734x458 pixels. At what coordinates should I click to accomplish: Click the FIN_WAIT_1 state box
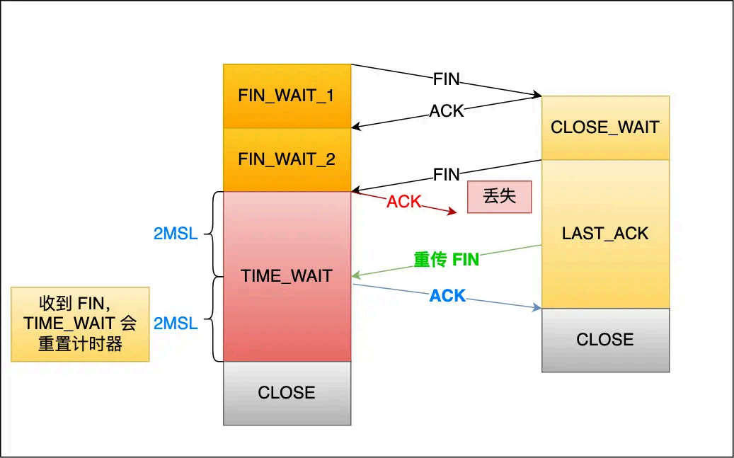[x=287, y=96]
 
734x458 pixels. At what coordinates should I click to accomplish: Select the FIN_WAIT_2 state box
[x=287, y=159]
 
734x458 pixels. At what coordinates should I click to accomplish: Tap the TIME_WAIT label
[x=287, y=276]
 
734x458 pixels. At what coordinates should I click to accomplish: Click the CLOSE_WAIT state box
[x=605, y=127]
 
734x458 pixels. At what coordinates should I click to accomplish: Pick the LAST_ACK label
[x=605, y=234]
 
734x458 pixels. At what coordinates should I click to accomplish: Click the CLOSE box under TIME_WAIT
[x=287, y=393]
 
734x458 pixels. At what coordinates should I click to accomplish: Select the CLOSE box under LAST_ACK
[x=605, y=340]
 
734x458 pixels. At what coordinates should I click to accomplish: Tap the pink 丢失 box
[x=499, y=197]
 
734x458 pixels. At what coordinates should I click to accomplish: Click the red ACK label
[x=403, y=202]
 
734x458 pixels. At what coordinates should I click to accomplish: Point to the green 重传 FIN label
[x=447, y=260]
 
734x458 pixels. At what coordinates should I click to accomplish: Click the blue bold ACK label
[x=447, y=296]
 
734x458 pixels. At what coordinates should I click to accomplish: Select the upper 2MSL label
[x=176, y=234]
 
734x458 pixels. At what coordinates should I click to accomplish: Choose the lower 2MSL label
[x=176, y=324]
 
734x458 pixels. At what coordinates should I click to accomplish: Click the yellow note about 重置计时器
[x=80, y=324]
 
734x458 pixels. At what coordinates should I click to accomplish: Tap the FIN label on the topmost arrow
[x=447, y=79]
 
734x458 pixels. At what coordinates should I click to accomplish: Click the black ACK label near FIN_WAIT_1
[x=447, y=111]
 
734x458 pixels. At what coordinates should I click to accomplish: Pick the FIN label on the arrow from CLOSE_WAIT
[x=447, y=174]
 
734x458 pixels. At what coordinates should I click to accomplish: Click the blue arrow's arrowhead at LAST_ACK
[x=537, y=307]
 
